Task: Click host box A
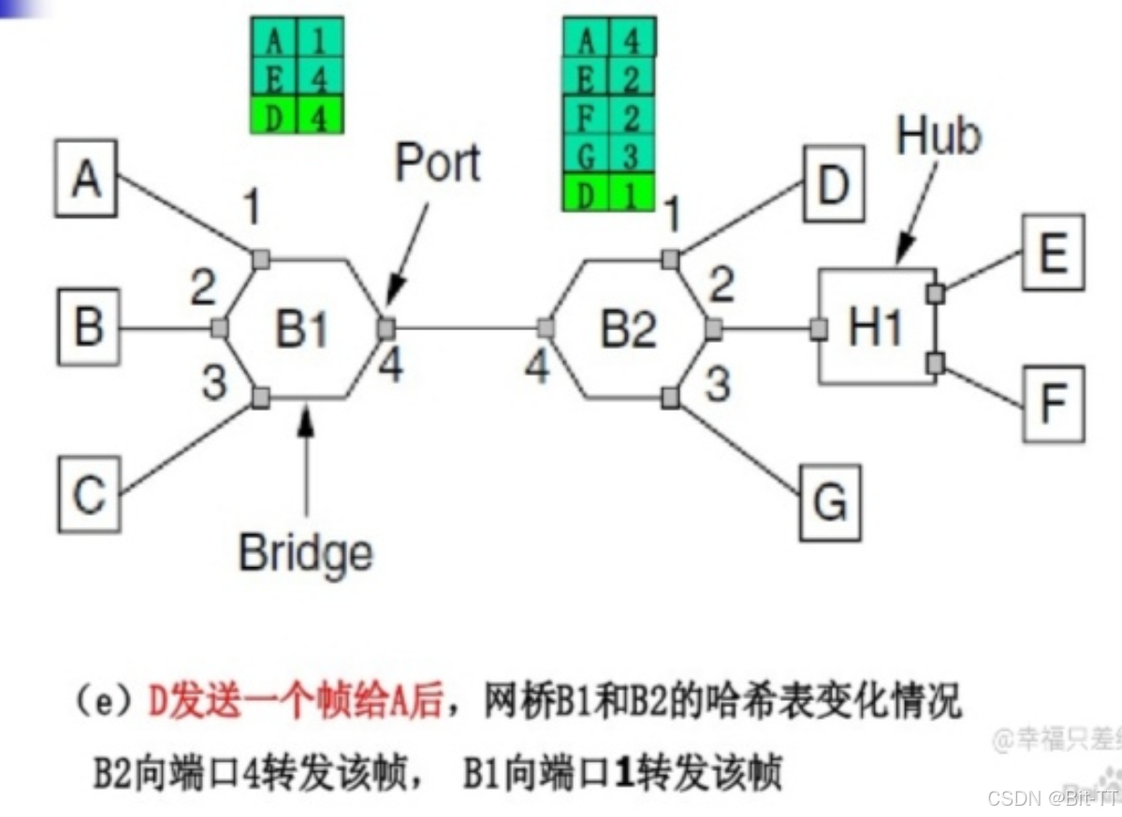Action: click(x=87, y=178)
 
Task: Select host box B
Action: click(x=88, y=327)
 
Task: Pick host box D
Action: click(x=832, y=184)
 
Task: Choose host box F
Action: click(x=1054, y=403)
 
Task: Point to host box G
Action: click(x=829, y=503)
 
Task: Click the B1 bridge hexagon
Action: click(x=302, y=328)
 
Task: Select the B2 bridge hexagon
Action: click(x=627, y=328)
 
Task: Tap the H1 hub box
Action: click(x=876, y=328)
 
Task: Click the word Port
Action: click(x=437, y=163)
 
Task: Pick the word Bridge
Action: click(x=305, y=552)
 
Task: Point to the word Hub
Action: click(x=939, y=136)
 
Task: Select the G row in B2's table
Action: click(x=608, y=156)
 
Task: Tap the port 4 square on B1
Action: click(x=386, y=328)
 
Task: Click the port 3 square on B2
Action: click(x=670, y=398)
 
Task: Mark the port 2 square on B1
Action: click(x=220, y=328)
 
